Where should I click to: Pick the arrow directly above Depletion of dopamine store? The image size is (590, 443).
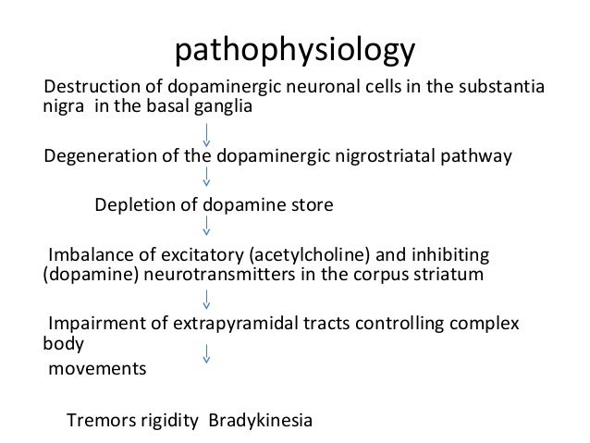[x=206, y=179]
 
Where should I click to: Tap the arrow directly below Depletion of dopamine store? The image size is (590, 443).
[x=206, y=228]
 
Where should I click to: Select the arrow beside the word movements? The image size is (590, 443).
[x=206, y=353]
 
